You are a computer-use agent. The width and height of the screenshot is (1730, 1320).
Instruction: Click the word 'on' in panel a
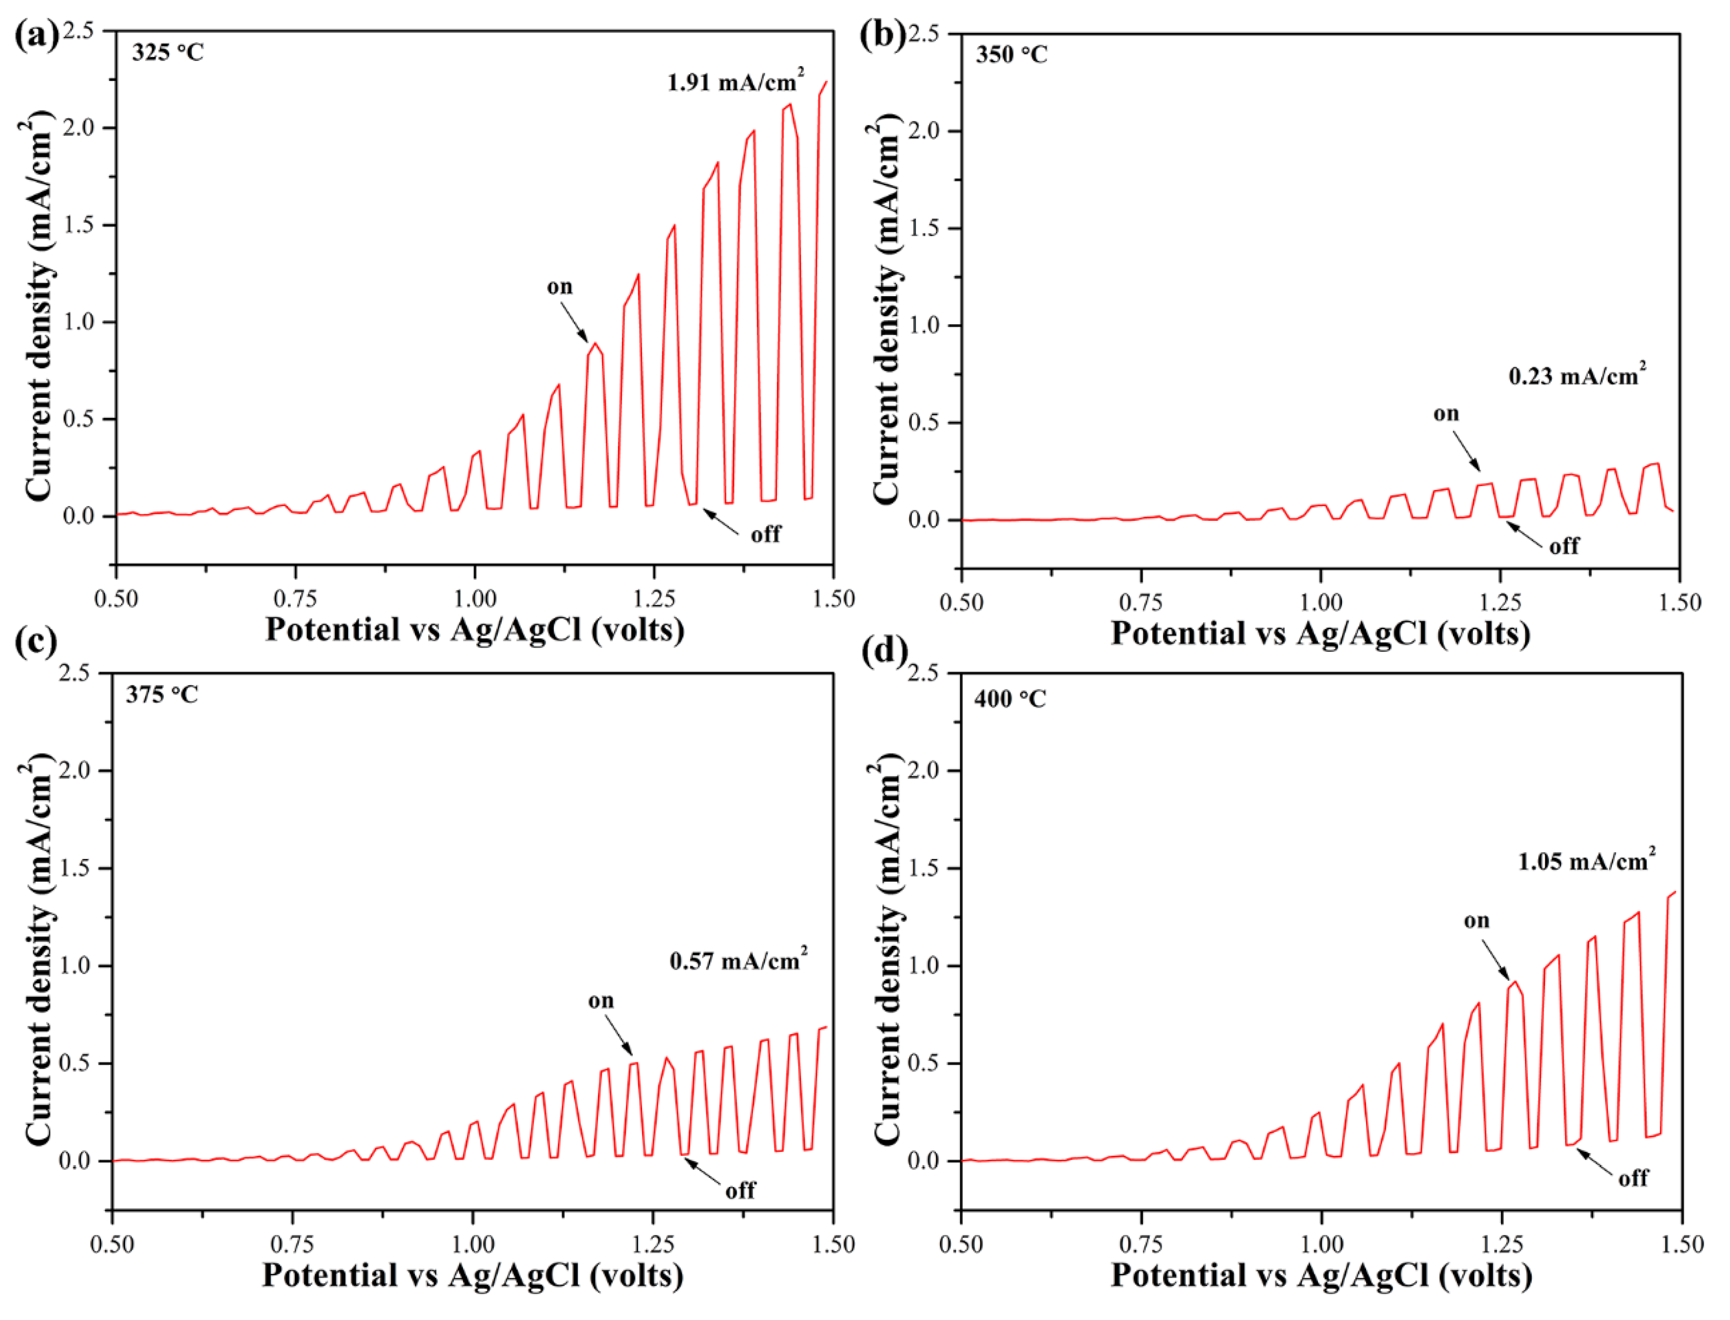560,287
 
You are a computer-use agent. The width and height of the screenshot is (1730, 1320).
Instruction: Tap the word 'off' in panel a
765,535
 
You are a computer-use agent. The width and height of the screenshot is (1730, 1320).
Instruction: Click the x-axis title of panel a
475,630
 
